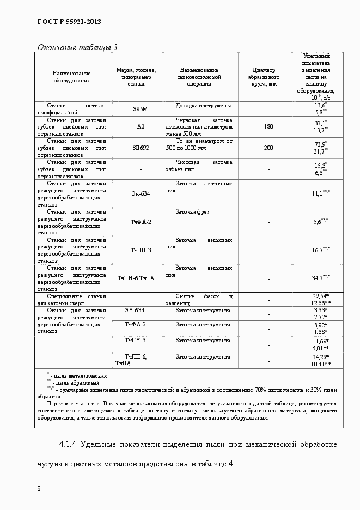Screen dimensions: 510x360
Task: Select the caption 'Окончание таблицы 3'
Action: pyautogui.click(x=77, y=47)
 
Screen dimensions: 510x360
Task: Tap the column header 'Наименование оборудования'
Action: pyautogui.click(x=71, y=77)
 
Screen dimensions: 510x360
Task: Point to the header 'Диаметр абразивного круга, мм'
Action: pyautogui.click(x=264, y=77)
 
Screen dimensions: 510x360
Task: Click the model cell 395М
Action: pyautogui.click(x=140, y=109)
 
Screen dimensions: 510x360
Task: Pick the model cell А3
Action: pyautogui.click(x=141, y=126)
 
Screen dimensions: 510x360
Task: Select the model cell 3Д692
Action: pyautogui.click(x=140, y=148)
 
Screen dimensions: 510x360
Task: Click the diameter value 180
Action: pyautogui.click(x=268, y=126)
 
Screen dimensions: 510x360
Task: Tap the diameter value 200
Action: pyautogui.click(x=268, y=148)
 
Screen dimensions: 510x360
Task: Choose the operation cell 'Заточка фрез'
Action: pyautogui.click(x=192, y=211)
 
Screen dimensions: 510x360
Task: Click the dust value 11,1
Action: pyautogui.click(x=320, y=193)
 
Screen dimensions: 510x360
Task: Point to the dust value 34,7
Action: pyautogui.click(x=320, y=277)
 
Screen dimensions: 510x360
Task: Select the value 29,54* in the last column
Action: pyautogui.click(x=320, y=295)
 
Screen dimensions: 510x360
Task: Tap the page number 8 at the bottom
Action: pyautogui.click(x=39, y=488)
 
